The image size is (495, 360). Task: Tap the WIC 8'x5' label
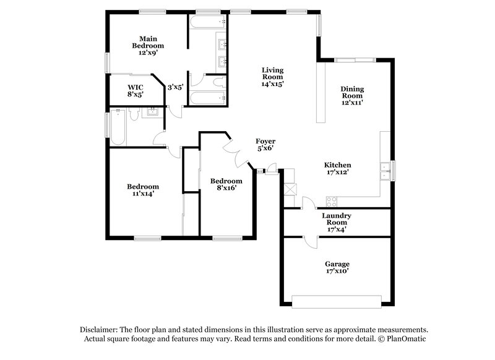tap(136, 91)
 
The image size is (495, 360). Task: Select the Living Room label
tap(272, 77)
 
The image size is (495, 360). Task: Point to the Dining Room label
tap(352, 96)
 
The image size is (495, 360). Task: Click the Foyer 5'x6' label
tap(265, 145)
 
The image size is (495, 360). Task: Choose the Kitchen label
tap(338, 168)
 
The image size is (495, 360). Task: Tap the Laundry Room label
tap(337, 222)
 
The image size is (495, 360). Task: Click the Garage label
tap(338, 267)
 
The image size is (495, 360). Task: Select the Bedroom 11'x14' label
tap(143, 190)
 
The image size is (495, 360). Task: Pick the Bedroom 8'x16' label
tap(226, 184)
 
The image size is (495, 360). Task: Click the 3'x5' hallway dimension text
tap(175, 88)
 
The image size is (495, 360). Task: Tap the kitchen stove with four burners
tap(331, 201)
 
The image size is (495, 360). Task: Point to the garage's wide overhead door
tap(337, 302)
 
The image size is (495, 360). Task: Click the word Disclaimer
tap(100, 330)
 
